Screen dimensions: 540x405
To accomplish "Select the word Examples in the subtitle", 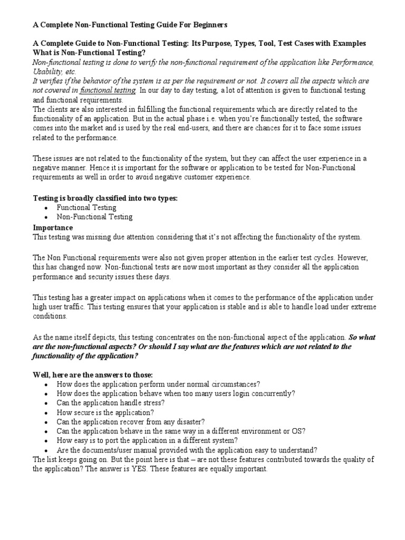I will point(348,43).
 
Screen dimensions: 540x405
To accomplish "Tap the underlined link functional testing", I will point(108,90).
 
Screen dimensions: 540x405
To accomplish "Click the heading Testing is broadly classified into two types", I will point(105,198).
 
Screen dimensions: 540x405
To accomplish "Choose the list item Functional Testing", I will point(86,207).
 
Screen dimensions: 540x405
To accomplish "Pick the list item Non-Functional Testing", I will point(94,217).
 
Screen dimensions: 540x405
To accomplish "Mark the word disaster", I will point(189,421).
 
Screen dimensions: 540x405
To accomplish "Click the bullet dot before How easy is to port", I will point(47,441).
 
